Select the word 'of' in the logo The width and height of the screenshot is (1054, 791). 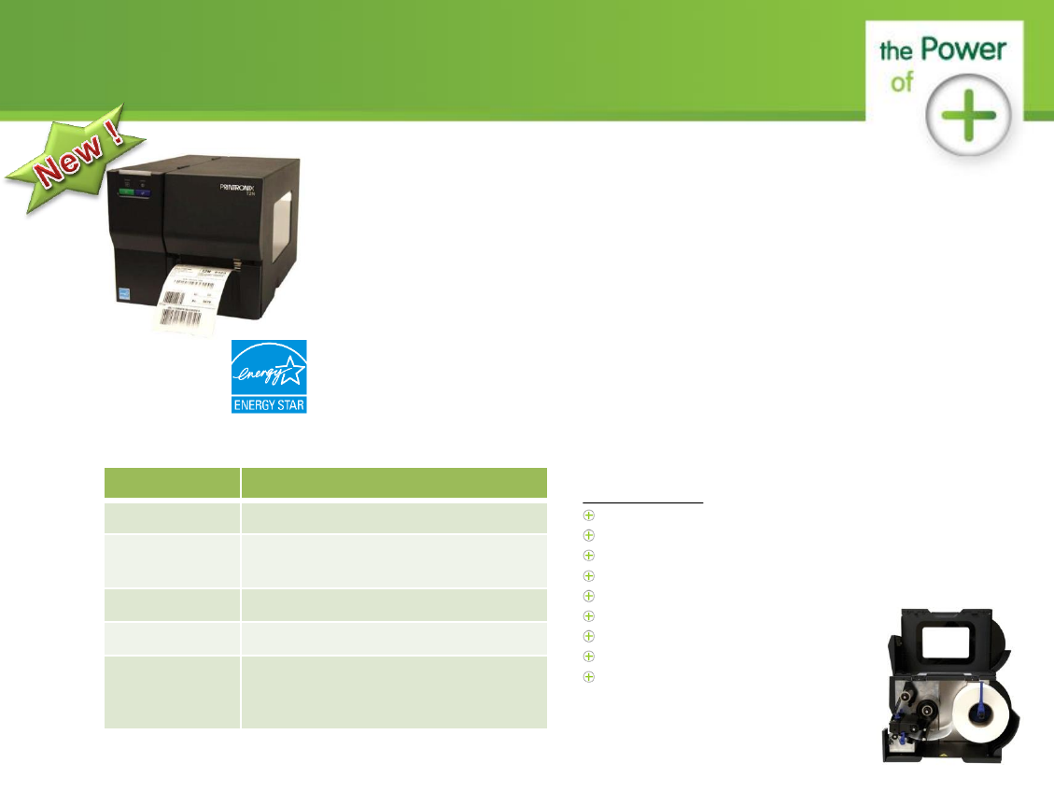click(x=901, y=82)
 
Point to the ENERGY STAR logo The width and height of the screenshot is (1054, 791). click(x=269, y=376)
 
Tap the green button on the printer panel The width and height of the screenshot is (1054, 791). click(x=125, y=194)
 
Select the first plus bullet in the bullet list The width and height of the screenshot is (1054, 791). click(x=589, y=516)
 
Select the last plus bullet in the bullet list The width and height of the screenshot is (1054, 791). click(x=589, y=677)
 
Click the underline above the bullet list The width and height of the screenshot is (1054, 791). click(x=642, y=503)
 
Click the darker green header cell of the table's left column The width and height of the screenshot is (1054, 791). click(x=171, y=482)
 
